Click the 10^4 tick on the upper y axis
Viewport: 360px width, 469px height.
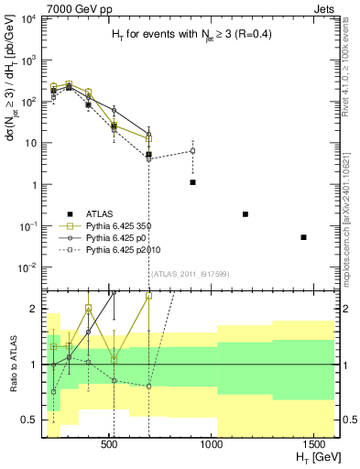pyautogui.click(x=34, y=19)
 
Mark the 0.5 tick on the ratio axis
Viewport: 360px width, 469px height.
pyautogui.click(x=34, y=420)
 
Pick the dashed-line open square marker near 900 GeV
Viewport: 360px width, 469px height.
pyautogui.click(x=192, y=151)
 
